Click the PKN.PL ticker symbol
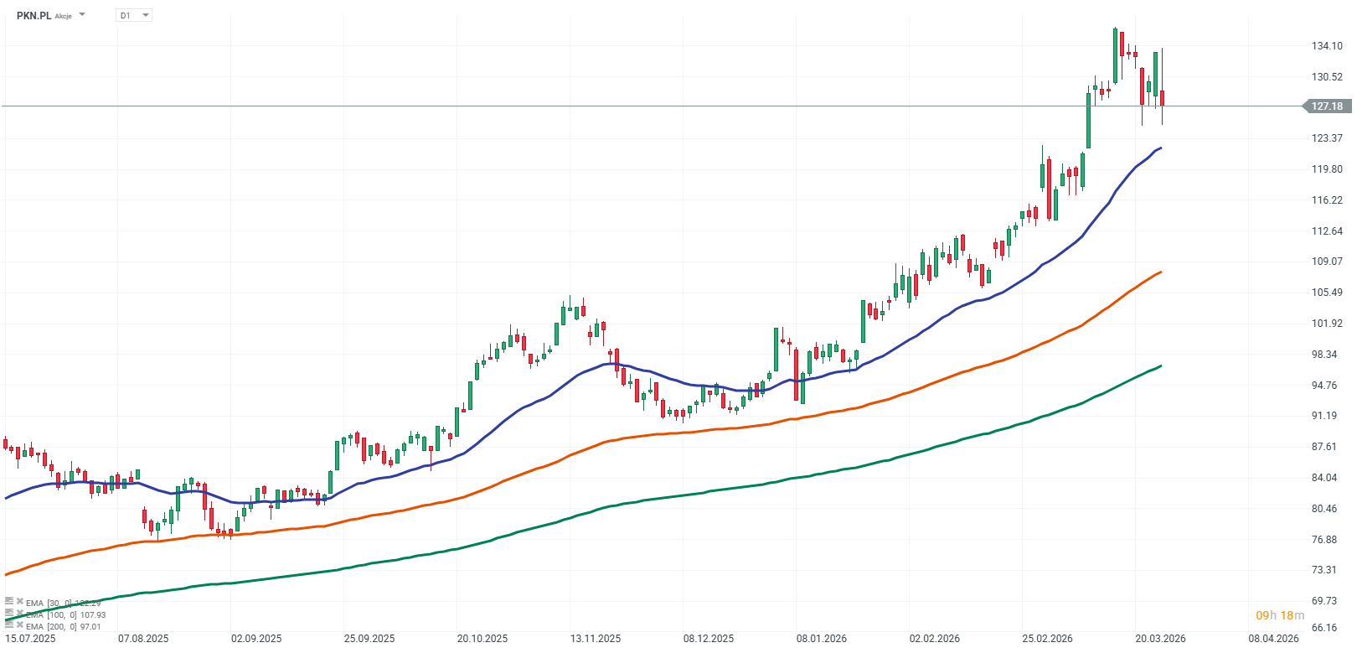coord(34,15)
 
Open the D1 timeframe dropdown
coord(133,15)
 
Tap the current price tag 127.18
coord(1326,106)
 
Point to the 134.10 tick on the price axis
coord(1327,46)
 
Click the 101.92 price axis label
coord(1327,324)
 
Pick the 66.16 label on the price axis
coord(1324,628)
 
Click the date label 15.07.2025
coord(30,639)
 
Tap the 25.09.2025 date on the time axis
coord(369,639)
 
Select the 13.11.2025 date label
coord(596,639)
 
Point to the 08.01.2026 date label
coord(822,639)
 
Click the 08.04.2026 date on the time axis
coord(1273,639)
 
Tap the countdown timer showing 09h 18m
coord(1280,616)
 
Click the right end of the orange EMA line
coord(1161,272)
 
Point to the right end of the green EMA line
coord(1161,365)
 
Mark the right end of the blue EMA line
coord(1161,148)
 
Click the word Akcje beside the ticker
coord(64,16)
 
